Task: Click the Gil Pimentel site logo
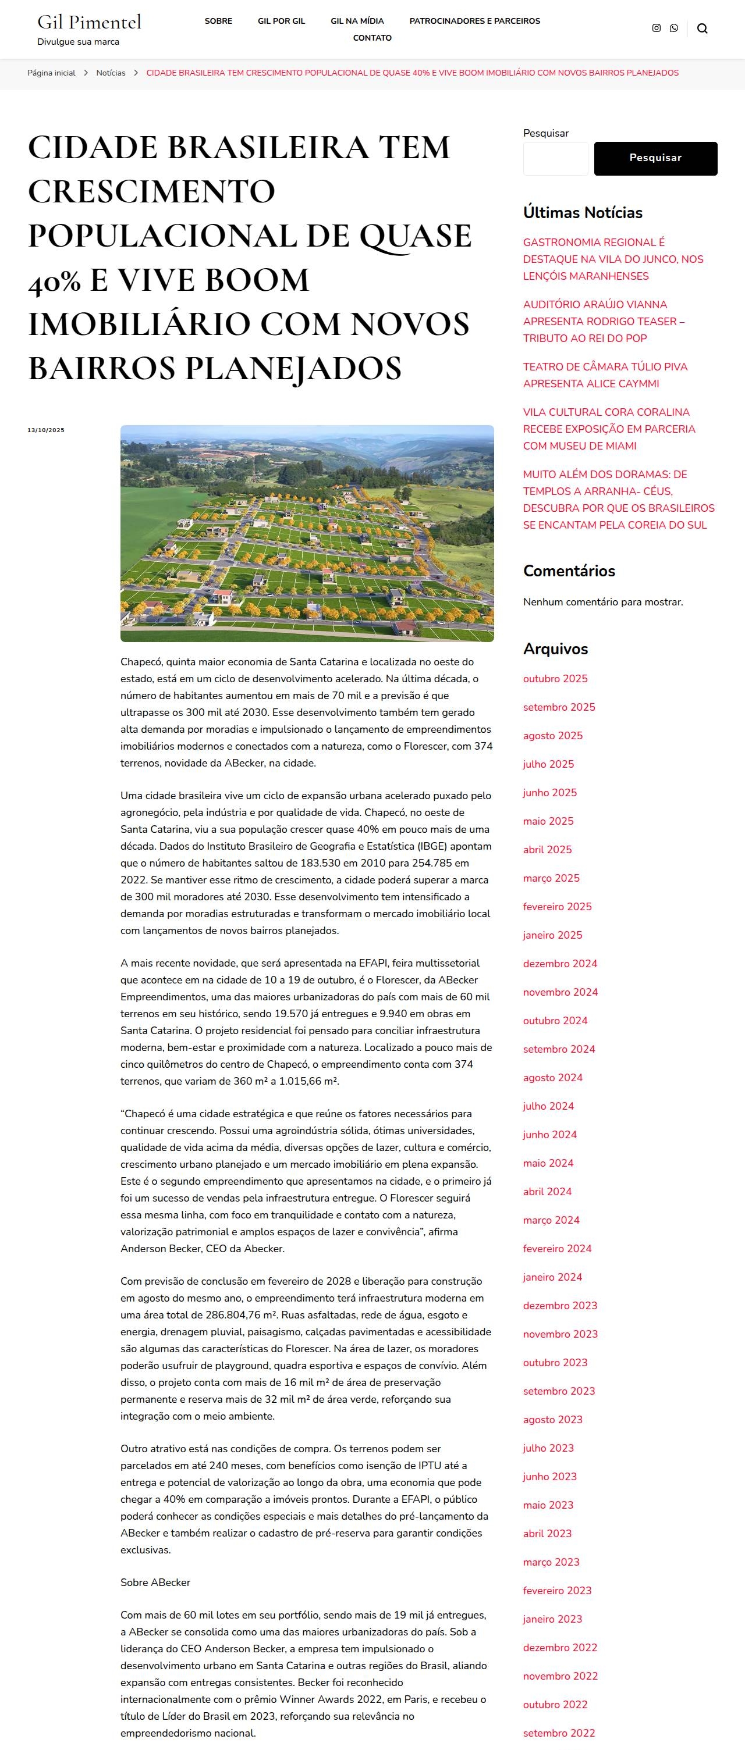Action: (x=89, y=23)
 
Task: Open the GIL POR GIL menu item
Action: (x=282, y=21)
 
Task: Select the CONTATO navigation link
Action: (x=372, y=38)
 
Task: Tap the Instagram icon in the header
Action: (x=656, y=28)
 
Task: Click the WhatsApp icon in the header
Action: (x=673, y=28)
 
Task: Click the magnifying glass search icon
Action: (x=702, y=28)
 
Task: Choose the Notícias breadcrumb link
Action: (x=111, y=73)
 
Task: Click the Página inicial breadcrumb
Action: (x=51, y=73)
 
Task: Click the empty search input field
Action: (x=555, y=158)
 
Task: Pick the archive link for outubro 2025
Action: (x=555, y=679)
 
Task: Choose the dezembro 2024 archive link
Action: (x=560, y=963)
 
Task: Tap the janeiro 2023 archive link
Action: (x=552, y=1619)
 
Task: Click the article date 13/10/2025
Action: (x=45, y=430)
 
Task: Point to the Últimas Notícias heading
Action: (x=583, y=213)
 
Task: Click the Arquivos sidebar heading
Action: (x=555, y=649)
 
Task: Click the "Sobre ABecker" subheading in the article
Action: (x=155, y=1582)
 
